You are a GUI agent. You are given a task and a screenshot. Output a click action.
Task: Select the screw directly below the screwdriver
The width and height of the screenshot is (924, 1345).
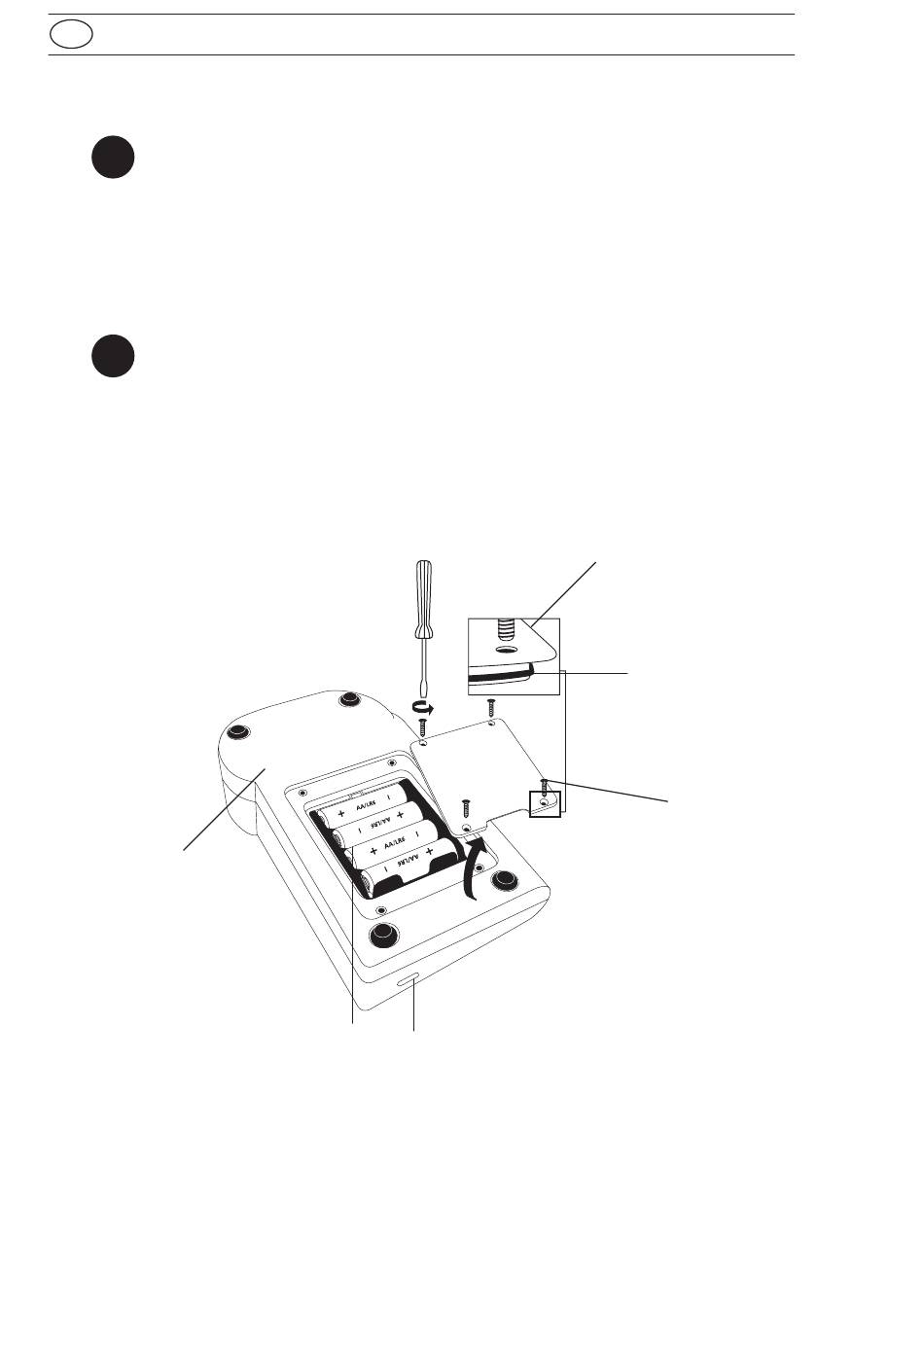[x=424, y=726]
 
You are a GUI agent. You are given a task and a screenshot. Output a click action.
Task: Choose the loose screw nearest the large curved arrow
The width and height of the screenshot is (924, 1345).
[x=467, y=807]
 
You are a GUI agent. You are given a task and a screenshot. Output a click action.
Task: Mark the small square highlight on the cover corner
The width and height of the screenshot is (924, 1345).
[x=545, y=804]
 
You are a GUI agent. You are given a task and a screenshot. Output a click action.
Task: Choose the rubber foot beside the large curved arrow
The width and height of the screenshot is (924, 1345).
[x=503, y=880]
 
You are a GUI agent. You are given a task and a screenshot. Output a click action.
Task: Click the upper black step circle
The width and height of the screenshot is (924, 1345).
[x=113, y=158]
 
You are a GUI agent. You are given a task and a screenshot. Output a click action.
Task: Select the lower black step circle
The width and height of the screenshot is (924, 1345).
[x=113, y=356]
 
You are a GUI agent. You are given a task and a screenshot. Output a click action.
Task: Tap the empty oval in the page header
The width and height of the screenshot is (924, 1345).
[x=72, y=35]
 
